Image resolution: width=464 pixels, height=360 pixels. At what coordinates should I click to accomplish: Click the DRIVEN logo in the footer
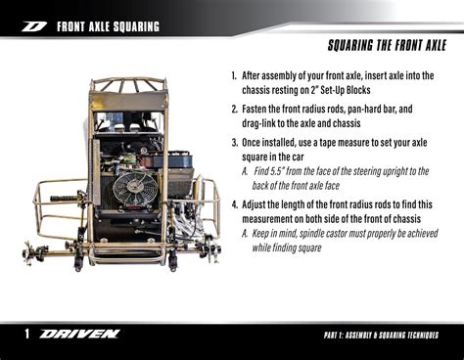(80, 335)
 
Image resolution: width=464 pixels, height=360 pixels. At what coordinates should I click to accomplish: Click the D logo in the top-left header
(35, 26)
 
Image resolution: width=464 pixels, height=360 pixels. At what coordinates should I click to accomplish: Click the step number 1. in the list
(235, 75)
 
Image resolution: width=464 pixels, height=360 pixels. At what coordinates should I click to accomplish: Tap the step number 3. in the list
(235, 140)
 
